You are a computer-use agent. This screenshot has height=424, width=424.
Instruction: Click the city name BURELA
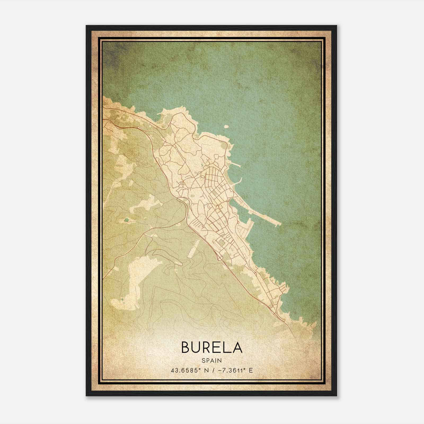pos(212,347)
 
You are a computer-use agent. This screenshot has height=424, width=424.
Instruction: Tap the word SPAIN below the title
pos(212,360)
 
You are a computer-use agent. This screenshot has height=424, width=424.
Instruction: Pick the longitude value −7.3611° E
pos(233,370)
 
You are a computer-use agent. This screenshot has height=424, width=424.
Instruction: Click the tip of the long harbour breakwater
pos(280,224)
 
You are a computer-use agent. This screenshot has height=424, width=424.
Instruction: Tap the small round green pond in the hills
pos(126,220)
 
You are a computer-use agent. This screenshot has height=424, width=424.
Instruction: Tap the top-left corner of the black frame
pos(86,26)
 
